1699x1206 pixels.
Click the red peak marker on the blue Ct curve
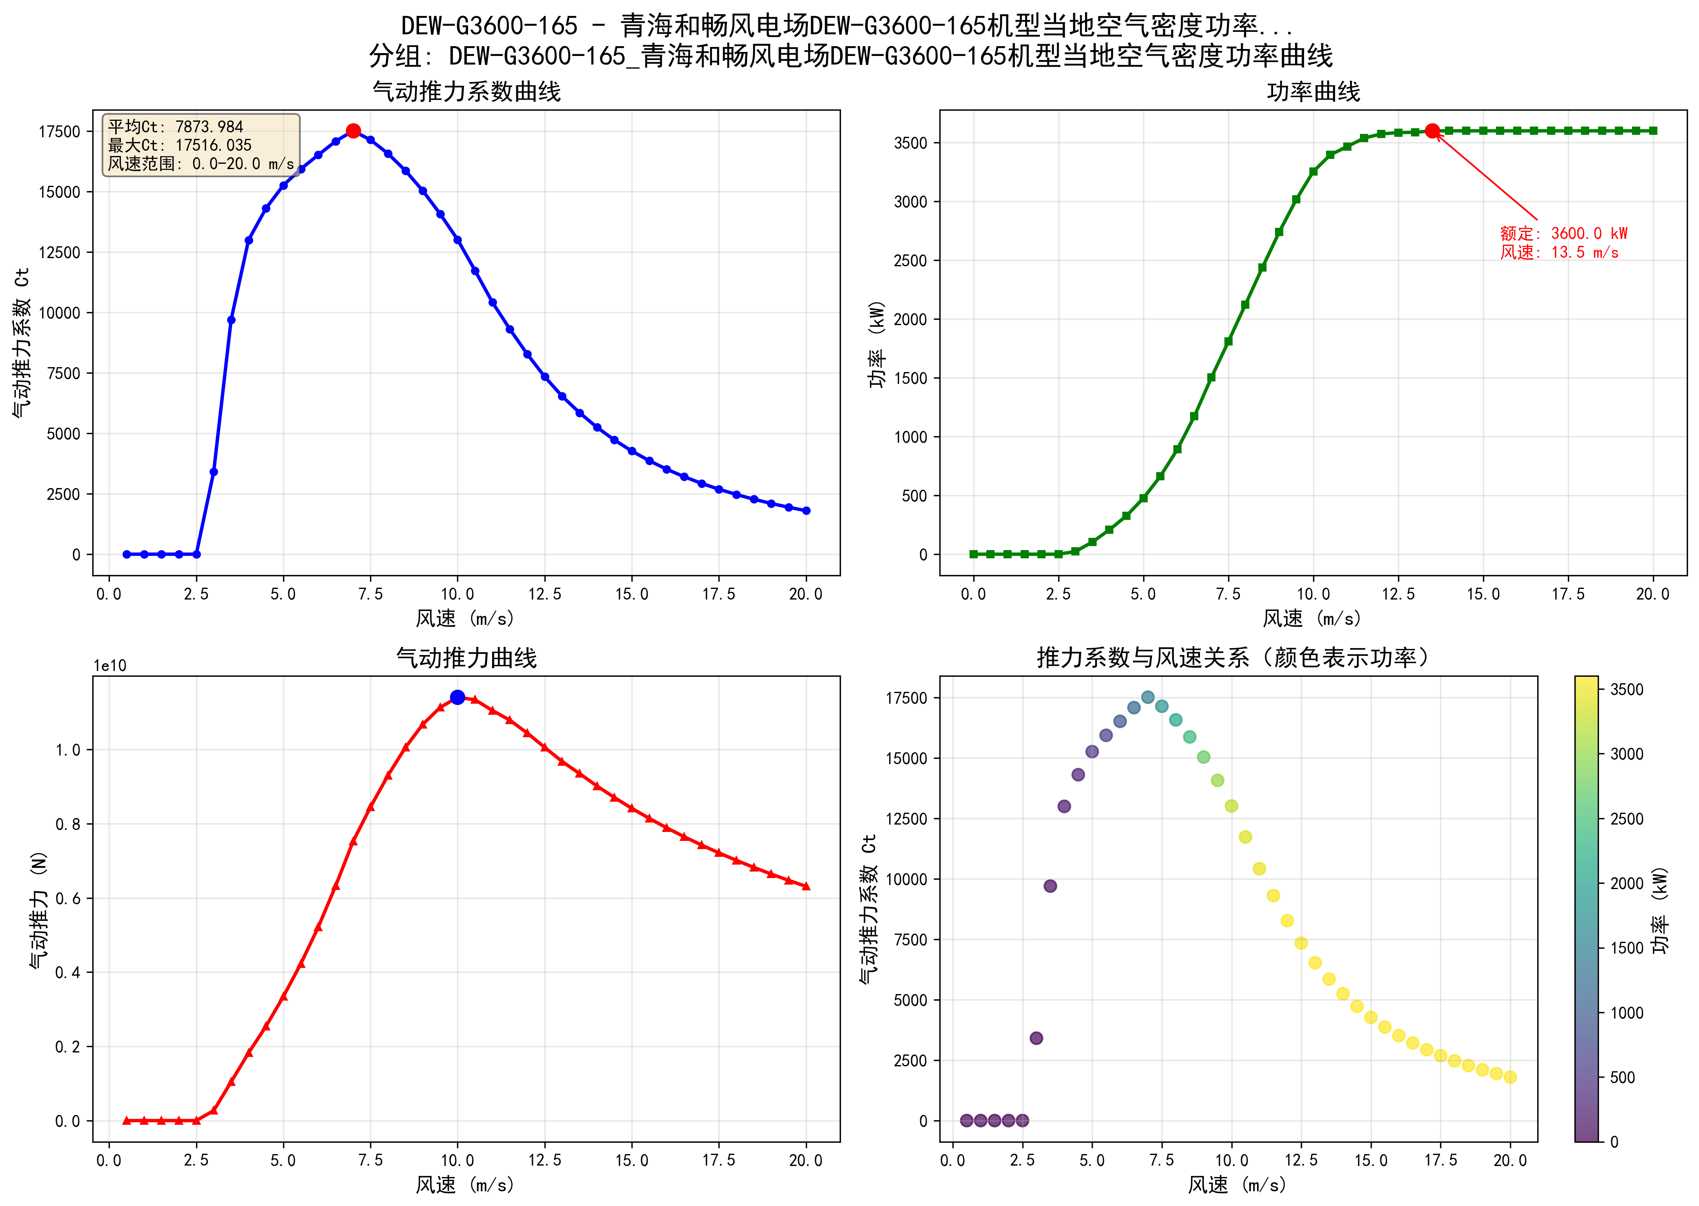tap(353, 131)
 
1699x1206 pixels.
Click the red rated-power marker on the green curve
tap(1432, 131)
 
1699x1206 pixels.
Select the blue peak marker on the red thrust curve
tap(457, 697)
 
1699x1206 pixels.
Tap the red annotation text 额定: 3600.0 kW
tap(1563, 233)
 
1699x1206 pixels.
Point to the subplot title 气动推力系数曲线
tap(466, 92)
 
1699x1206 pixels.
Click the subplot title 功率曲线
tap(1313, 92)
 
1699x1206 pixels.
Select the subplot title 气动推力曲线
tap(466, 658)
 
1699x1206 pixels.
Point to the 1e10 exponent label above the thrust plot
tap(110, 666)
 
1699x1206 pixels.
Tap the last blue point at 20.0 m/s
tap(807, 511)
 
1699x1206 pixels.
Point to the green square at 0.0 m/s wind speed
tap(974, 554)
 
